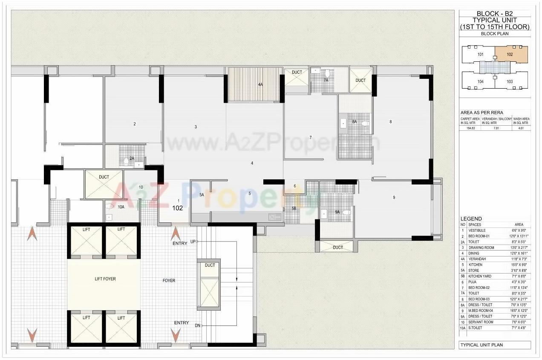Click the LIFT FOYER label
coord(105,279)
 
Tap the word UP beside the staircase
coord(193,242)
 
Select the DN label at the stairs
coord(197,325)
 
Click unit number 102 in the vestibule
coord(178,208)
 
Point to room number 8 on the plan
coord(390,122)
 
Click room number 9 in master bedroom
coord(394,197)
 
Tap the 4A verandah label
coord(260,85)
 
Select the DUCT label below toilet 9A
coord(338,248)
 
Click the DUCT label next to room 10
coord(104,177)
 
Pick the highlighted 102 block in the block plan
coord(510,54)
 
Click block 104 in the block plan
coord(481,81)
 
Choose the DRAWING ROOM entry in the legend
coord(481,248)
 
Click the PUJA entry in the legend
coord(472,282)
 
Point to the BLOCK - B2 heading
coord(495,14)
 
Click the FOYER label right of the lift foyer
coord(169,280)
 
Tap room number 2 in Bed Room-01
coord(135,124)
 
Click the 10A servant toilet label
coord(121,207)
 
